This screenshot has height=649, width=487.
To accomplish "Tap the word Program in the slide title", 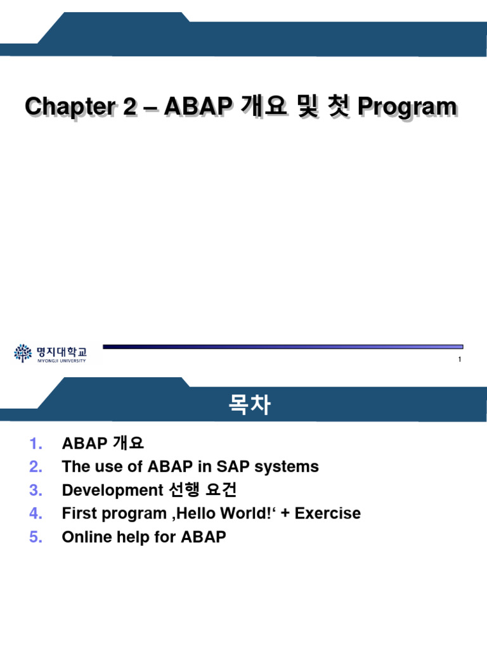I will (407, 106).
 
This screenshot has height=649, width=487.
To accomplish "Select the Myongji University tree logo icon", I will (22, 352).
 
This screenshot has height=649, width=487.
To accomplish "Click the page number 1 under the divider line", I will (458, 360).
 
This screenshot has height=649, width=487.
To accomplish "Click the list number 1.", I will (36, 443).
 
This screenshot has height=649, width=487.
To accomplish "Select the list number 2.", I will (36, 466).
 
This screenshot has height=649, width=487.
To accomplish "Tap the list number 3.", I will (36, 490).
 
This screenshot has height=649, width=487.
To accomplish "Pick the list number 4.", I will (36, 513).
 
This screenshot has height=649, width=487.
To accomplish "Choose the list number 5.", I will (36, 537).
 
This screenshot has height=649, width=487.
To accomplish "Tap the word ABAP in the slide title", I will (195, 106).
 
